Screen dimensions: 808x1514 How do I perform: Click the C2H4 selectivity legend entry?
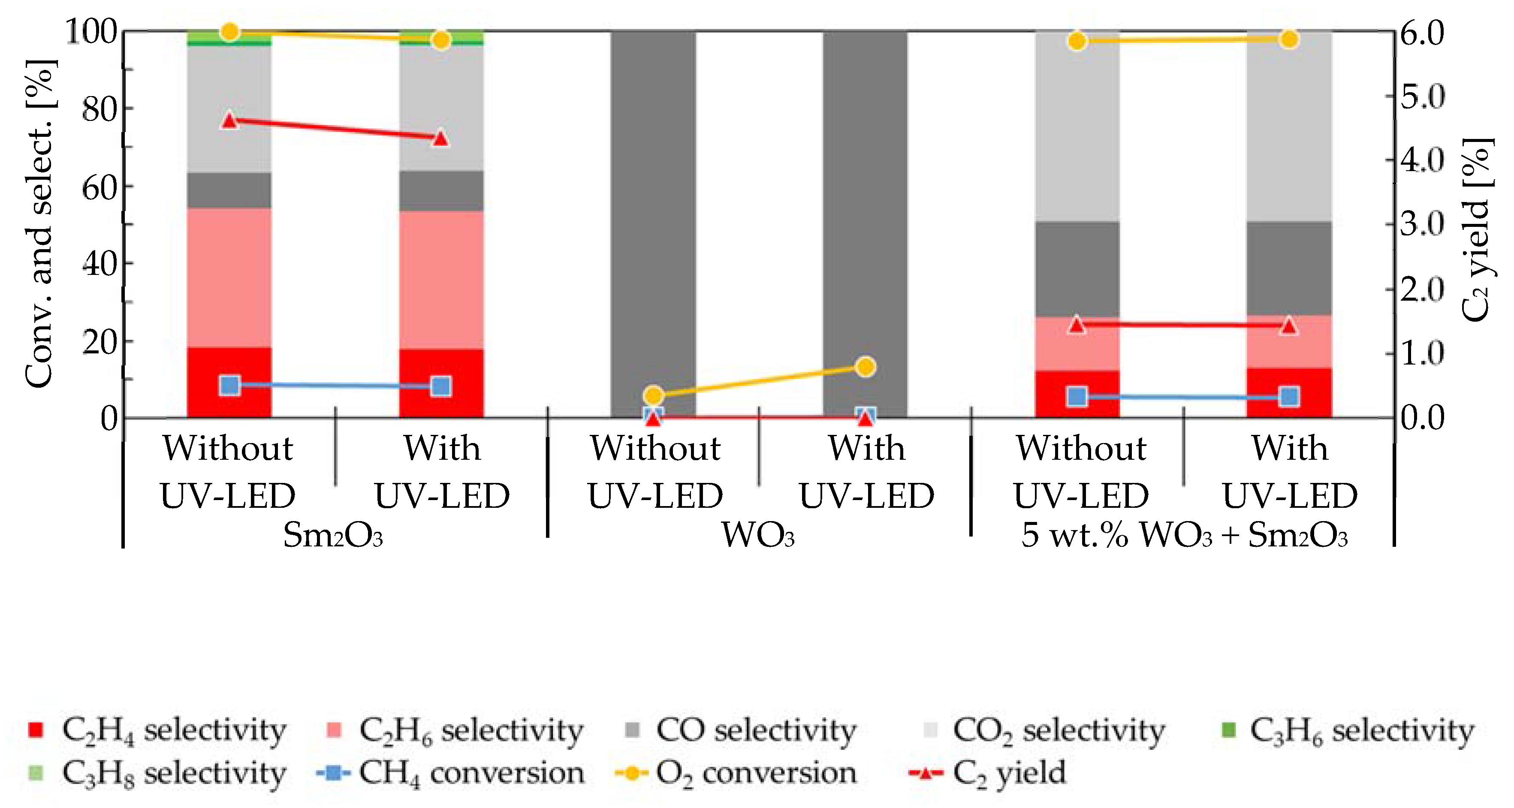[x=159, y=730]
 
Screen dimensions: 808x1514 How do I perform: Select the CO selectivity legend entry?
[x=741, y=730]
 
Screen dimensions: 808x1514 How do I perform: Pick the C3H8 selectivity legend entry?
[x=159, y=773]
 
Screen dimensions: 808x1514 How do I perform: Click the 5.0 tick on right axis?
[x=1421, y=96]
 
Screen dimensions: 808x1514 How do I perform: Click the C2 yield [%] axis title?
[x=1476, y=229]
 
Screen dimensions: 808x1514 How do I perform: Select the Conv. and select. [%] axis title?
[x=40, y=223]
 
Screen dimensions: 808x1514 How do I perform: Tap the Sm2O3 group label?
[x=333, y=535]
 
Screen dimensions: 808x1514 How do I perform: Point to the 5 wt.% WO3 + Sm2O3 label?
[x=1184, y=535]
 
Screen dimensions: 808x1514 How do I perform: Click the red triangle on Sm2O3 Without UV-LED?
[x=229, y=121]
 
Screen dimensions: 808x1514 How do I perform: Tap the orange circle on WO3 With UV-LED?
[x=865, y=367]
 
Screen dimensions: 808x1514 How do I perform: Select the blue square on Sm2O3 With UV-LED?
[x=441, y=386]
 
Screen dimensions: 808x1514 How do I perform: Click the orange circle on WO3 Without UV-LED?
[x=654, y=395]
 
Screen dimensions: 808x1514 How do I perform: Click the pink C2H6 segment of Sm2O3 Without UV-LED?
[x=229, y=276]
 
